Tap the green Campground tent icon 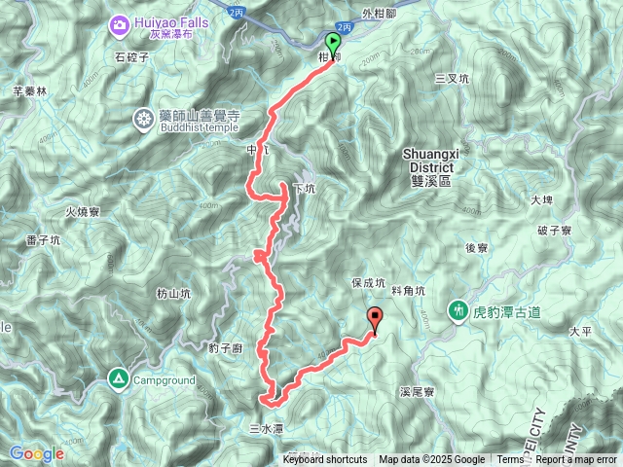click(x=118, y=377)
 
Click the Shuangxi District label click(x=430, y=160)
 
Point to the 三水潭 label click(x=265, y=427)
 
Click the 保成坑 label click(x=368, y=283)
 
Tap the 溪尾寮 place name click(x=416, y=393)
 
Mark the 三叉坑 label click(x=452, y=78)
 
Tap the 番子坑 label click(x=44, y=239)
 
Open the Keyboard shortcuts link click(x=325, y=460)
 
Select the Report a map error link click(x=576, y=460)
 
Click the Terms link click(x=510, y=460)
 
